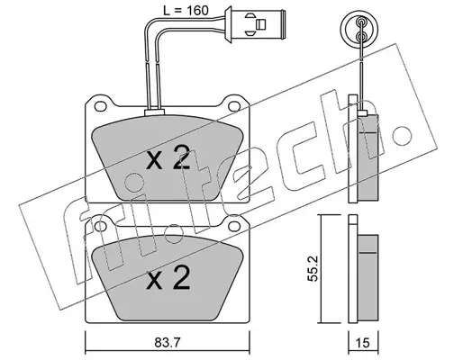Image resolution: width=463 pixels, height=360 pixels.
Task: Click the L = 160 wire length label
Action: point(186,11)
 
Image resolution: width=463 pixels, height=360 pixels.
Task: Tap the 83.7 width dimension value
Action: point(168,343)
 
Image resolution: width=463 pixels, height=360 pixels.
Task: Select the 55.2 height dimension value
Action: point(313,268)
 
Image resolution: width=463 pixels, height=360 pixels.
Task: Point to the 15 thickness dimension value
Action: point(362,343)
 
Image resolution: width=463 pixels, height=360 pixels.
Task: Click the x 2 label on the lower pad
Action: point(168,278)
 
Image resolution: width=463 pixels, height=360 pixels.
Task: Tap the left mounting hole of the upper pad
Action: point(101,106)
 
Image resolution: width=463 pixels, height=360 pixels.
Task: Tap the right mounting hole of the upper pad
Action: point(233,106)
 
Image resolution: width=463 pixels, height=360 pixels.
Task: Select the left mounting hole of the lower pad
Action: point(101,227)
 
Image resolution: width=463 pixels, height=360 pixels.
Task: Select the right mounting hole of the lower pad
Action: point(233,226)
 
